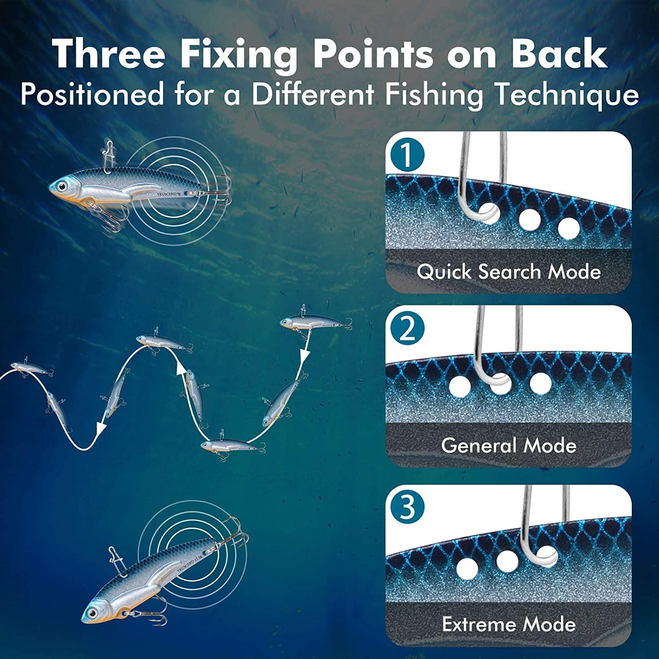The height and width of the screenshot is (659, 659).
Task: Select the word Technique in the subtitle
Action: coord(567,94)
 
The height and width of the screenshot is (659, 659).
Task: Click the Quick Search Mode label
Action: coord(508,272)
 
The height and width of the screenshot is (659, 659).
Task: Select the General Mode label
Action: coord(508,445)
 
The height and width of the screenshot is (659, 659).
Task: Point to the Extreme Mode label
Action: coord(508,624)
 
